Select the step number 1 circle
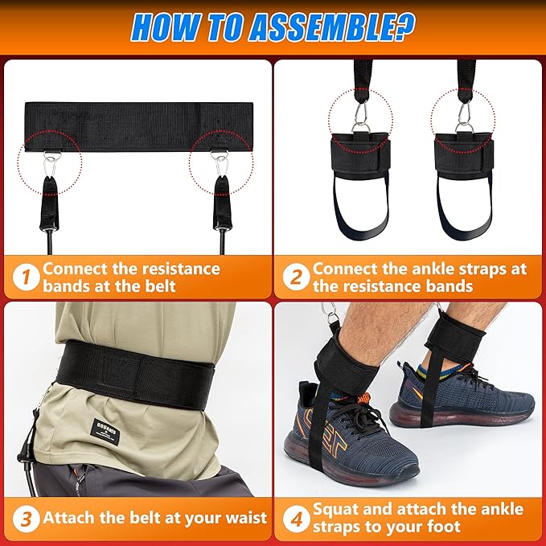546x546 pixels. [26, 277]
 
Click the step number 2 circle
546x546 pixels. [296, 277]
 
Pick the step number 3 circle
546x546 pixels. [26, 519]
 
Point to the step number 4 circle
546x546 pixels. [296, 519]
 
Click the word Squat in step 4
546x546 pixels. [335, 511]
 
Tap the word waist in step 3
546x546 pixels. [246, 518]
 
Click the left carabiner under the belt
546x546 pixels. [51, 165]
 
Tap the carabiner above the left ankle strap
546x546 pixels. [361, 112]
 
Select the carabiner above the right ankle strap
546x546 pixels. [463, 112]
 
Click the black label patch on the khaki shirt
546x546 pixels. [105, 432]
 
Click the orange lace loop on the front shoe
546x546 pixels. [363, 397]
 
